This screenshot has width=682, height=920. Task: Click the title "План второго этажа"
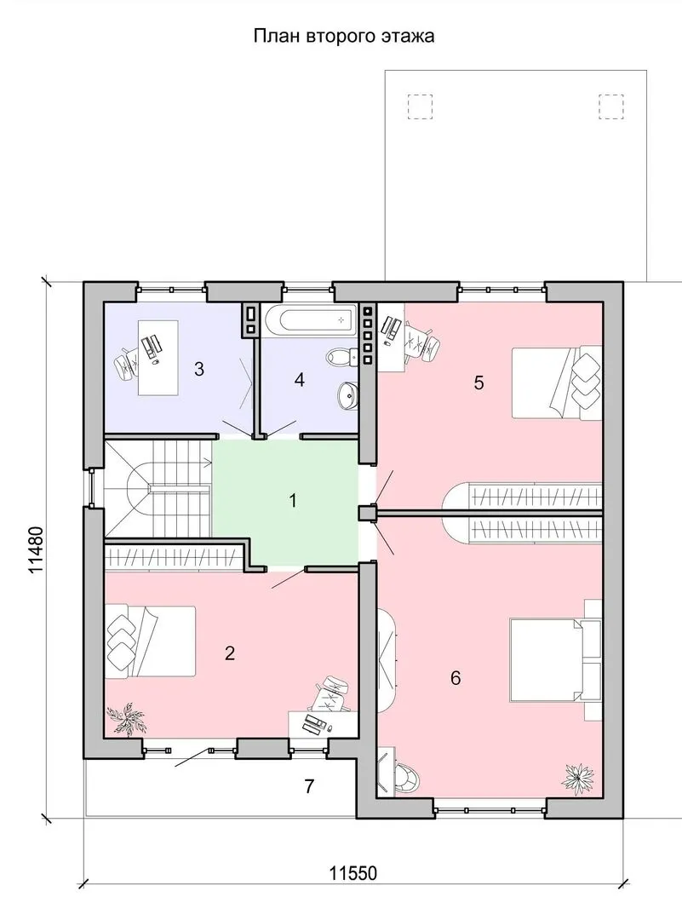point(344,37)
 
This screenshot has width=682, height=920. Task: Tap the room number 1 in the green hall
point(293,501)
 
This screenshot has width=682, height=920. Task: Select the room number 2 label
point(229,653)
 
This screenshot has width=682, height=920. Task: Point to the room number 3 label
point(199,369)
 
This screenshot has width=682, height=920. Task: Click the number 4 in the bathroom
point(300,380)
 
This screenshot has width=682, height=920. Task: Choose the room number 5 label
point(479,383)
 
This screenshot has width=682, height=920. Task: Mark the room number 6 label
point(456,678)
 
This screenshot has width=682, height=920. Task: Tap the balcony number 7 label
point(309,785)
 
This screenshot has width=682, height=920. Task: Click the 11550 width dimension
point(352,874)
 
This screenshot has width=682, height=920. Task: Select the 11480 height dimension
point(36,549)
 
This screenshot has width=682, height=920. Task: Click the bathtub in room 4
point(309,320)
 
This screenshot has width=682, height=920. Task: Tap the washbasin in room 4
point(347,396)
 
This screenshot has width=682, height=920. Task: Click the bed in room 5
point(557,382)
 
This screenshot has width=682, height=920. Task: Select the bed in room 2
point(150,641)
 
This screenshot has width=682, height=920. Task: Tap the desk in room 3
point(158,358)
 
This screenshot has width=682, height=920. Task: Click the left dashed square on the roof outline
point(420,106)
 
